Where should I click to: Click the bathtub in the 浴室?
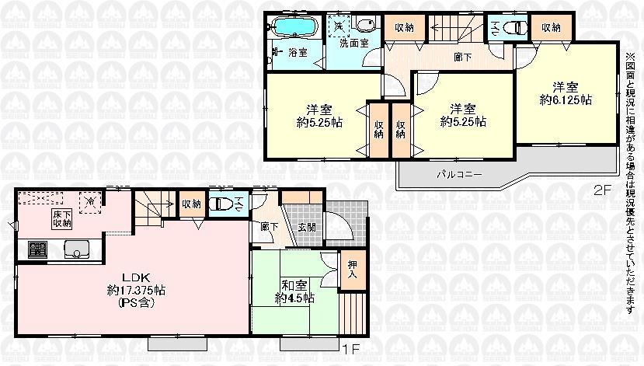293,29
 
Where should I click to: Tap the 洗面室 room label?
355,44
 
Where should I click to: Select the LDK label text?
128,277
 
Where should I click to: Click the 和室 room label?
291,284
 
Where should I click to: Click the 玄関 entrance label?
305,228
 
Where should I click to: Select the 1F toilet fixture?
223,204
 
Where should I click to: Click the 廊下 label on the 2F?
460,56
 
